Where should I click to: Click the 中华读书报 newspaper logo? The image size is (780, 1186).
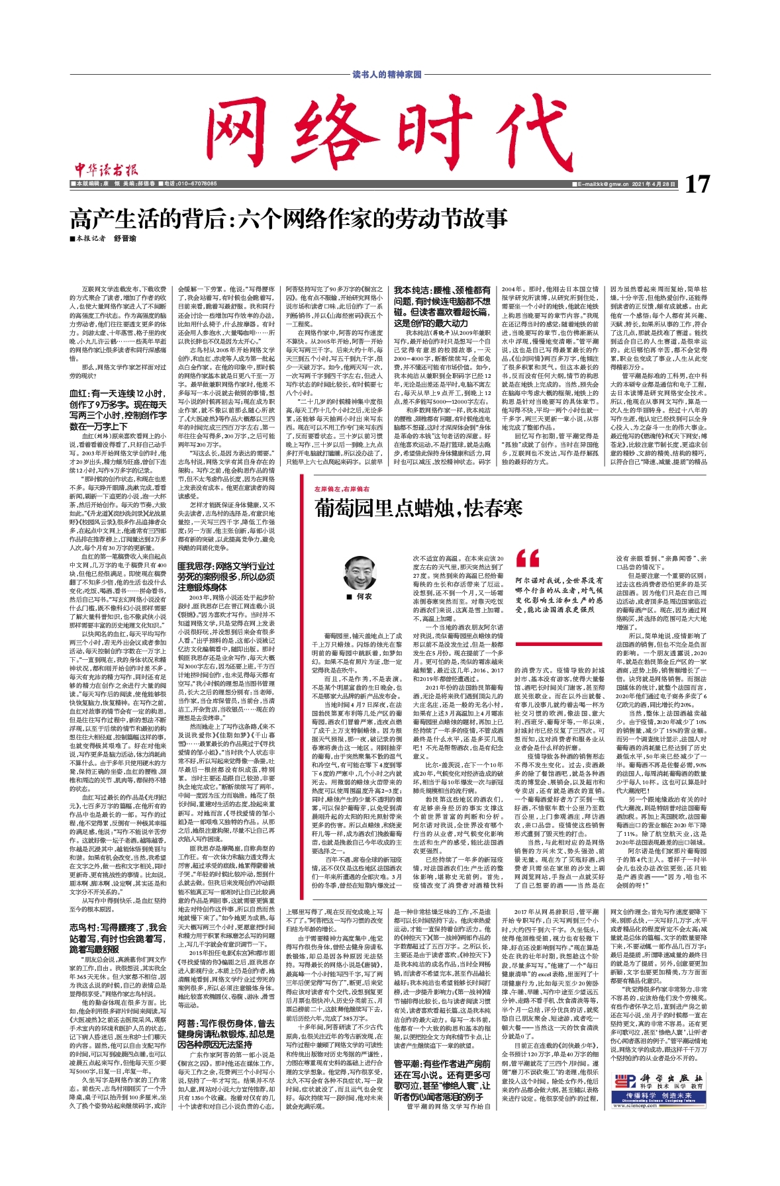(x=103, y=169)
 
